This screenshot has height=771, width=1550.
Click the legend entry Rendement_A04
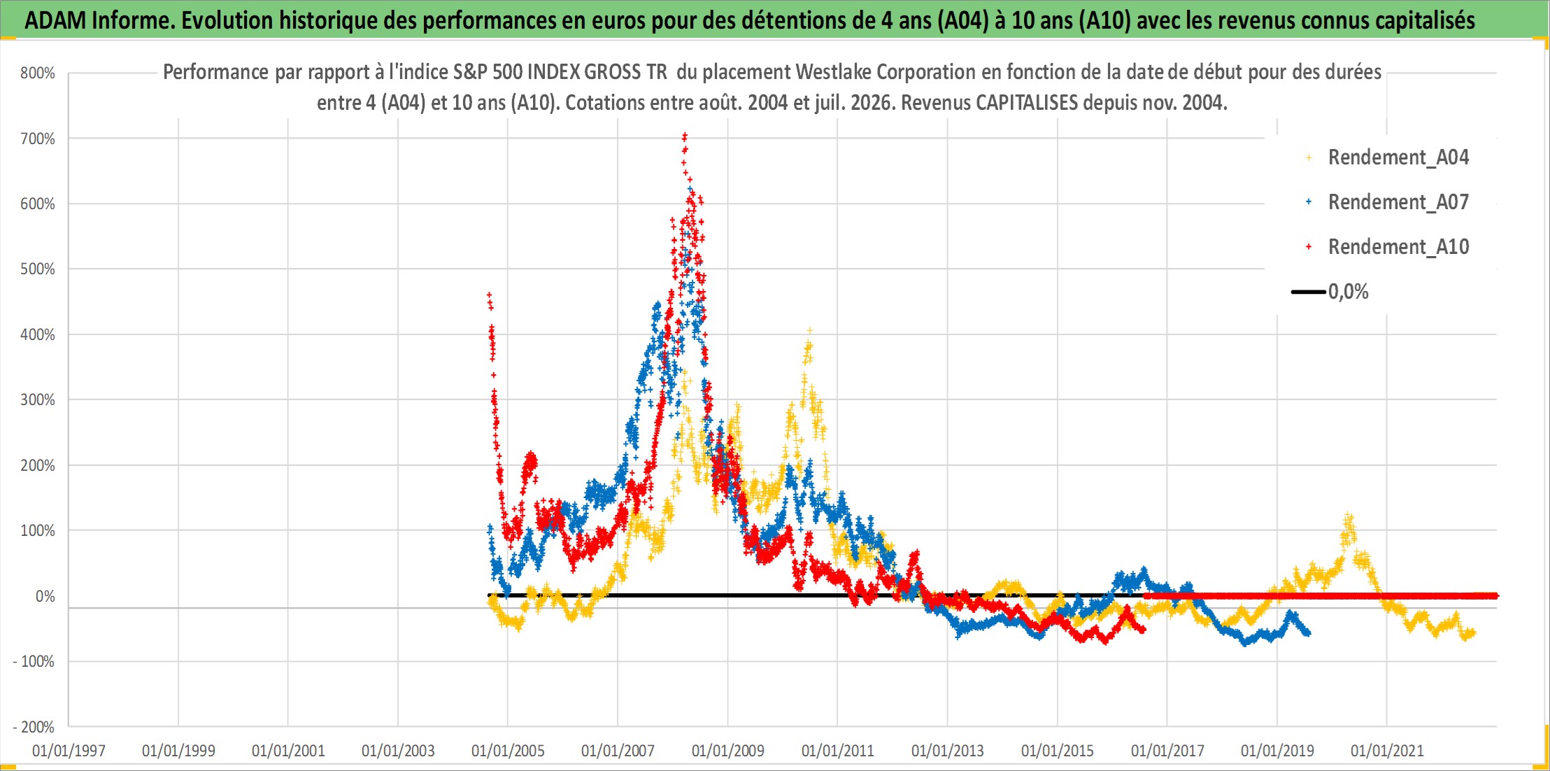(1398, 157)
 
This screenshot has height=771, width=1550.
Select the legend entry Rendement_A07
(1398, 202)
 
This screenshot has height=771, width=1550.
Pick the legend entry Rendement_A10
(1398, 247)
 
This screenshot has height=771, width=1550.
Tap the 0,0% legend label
(1348, 292)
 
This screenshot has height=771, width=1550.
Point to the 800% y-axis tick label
(38, 73)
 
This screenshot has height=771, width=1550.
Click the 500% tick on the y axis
(38, 269)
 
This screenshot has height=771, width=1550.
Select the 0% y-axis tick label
(45, 596)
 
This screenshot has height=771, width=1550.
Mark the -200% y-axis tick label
(34, 727)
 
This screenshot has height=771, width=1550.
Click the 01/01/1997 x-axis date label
(69, 751)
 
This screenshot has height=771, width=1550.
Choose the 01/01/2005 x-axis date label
(508, 751)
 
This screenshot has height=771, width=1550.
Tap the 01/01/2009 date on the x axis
(727, 751)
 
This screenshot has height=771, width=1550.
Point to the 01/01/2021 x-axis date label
(1387, 751)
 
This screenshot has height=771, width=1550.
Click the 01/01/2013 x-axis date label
(947, 751)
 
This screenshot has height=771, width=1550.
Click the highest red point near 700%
(685, 135)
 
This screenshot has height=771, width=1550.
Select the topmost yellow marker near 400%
(810, 330)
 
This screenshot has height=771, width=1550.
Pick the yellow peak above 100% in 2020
(1348, 516)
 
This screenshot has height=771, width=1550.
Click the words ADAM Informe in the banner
(99, 20)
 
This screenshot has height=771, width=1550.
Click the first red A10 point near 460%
(490, 295)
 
